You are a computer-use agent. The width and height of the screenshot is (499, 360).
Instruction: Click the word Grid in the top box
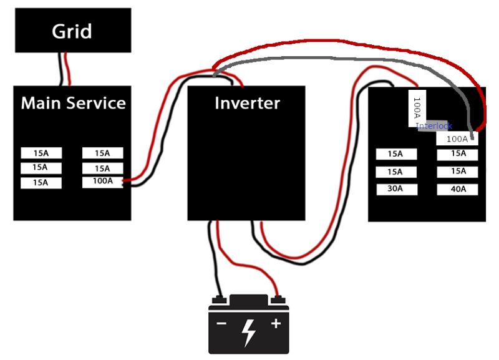[x=72, y=31]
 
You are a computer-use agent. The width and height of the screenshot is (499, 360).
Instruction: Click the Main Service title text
[x=73, y=103]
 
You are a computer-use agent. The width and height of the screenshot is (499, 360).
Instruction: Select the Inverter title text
[x=247, y=103]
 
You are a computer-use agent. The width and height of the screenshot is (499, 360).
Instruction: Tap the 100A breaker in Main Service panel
[x=102, y=182]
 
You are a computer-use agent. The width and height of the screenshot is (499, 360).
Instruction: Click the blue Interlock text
[x=434, y=126]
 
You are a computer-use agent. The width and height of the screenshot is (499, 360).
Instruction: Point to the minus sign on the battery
[x=221, y=324]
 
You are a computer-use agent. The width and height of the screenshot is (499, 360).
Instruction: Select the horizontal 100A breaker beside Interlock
[x=457, y=139]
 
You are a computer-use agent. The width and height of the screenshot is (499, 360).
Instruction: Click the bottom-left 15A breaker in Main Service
[x=41, y=183]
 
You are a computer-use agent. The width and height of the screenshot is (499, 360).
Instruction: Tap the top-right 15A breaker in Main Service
[x=102, y=153]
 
